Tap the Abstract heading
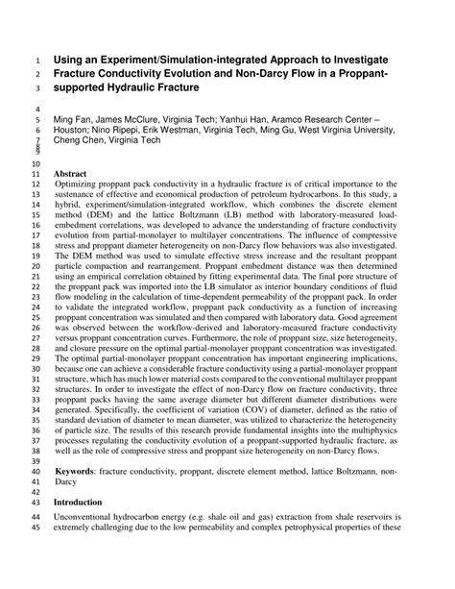tap(71, 173)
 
